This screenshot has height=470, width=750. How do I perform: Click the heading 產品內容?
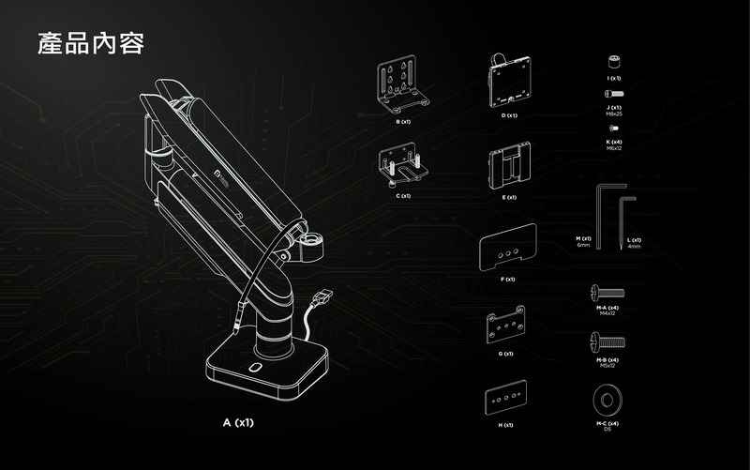90,43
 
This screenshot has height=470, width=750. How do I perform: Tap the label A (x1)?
238,423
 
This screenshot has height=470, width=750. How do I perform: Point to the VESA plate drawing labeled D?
510,81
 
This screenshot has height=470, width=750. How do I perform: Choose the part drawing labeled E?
510,167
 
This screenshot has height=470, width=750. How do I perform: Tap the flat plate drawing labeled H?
506,398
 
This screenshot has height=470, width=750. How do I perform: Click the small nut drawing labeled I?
615,63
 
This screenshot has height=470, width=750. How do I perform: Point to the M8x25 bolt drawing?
614,94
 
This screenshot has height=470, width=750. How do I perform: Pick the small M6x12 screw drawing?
614,127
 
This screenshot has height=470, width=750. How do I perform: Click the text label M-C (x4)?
607,423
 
